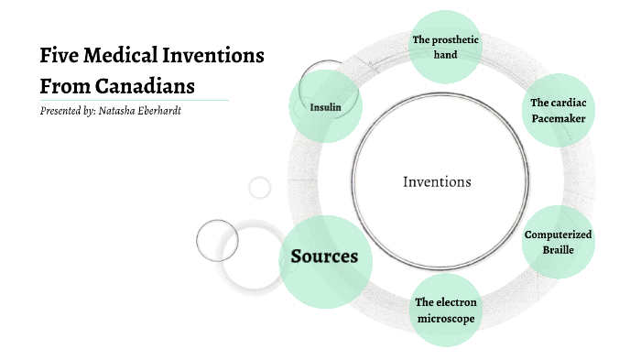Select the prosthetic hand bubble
pos(445,47)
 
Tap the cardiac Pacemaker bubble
pos(558,111)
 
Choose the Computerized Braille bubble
pos(558,242)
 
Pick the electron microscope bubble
pos(446,310)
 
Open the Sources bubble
pos(324,256)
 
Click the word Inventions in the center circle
pos(437,181)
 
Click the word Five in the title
pos(58,56)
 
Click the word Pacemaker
pos(558,119)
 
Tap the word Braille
pos(558,249)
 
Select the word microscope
pos(446,318)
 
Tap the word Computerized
pos(558,235)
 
